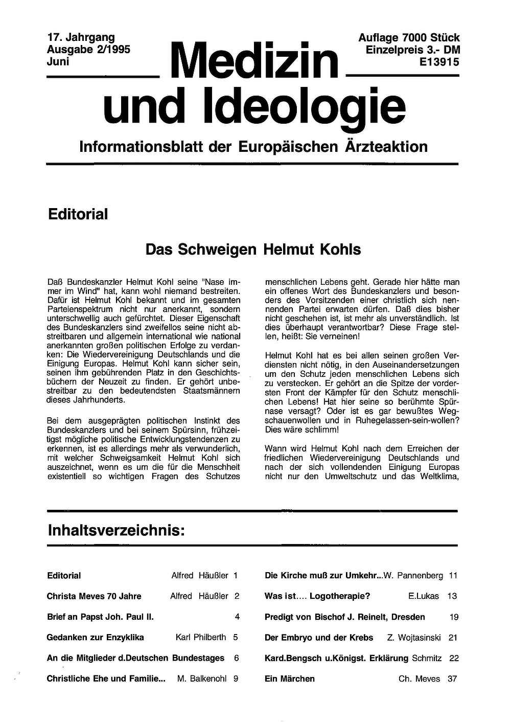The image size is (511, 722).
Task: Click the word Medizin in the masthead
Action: (257, 61)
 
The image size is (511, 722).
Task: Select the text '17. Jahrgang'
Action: (81, 37)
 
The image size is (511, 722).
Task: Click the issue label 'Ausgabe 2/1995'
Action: (88, 50)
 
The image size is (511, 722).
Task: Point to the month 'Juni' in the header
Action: (58, 61)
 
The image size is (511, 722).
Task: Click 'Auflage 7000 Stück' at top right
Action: (409, 38)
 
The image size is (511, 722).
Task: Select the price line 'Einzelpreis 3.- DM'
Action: (413, 50)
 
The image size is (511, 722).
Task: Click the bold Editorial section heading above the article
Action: (78, 214)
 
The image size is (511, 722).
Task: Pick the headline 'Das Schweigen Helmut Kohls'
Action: (253, 250)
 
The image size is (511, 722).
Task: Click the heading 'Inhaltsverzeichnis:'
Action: (116, 530)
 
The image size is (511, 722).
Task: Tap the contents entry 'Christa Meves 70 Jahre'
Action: (94, 596)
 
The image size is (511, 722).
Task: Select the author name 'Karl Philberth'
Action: (201, 637)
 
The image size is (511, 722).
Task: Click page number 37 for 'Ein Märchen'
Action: (452, 679)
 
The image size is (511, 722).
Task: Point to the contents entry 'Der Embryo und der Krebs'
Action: (319, 638)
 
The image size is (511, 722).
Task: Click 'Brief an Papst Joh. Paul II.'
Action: (100, 617)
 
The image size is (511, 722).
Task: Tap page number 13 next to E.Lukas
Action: (452, 596)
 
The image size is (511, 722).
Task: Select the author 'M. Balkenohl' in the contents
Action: (202, 679)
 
